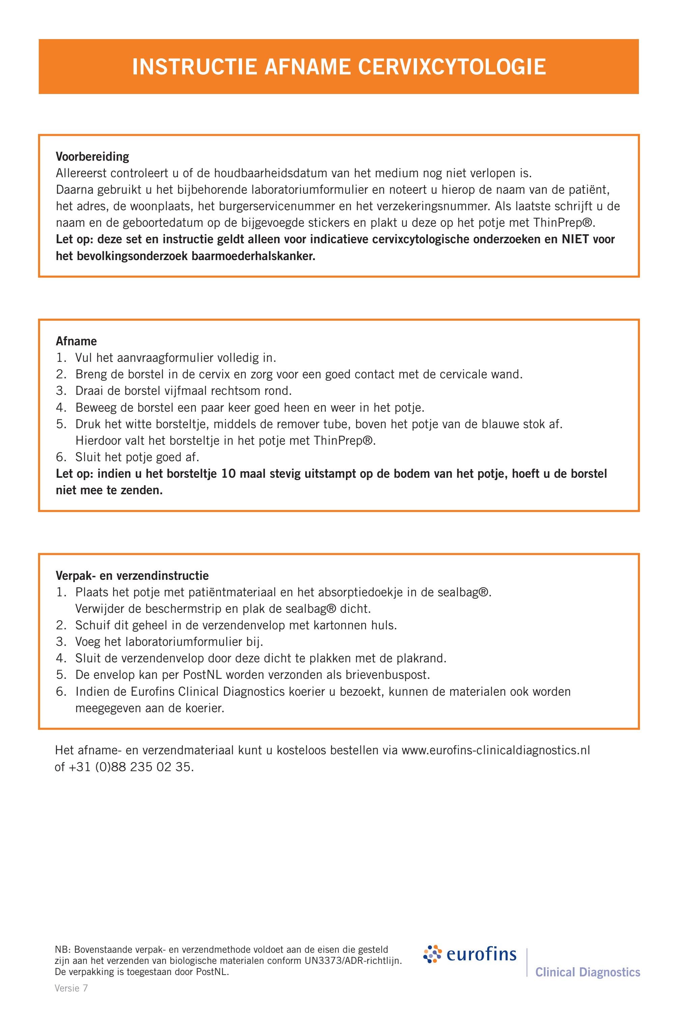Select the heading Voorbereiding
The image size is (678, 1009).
(x=92, y=156)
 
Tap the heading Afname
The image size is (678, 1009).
(x=76, y=341)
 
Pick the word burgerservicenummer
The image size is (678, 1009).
(x=269, y=206)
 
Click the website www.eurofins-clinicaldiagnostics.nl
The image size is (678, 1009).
(x=496, y=750)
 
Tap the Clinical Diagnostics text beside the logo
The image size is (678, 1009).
(x=588, y=972)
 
